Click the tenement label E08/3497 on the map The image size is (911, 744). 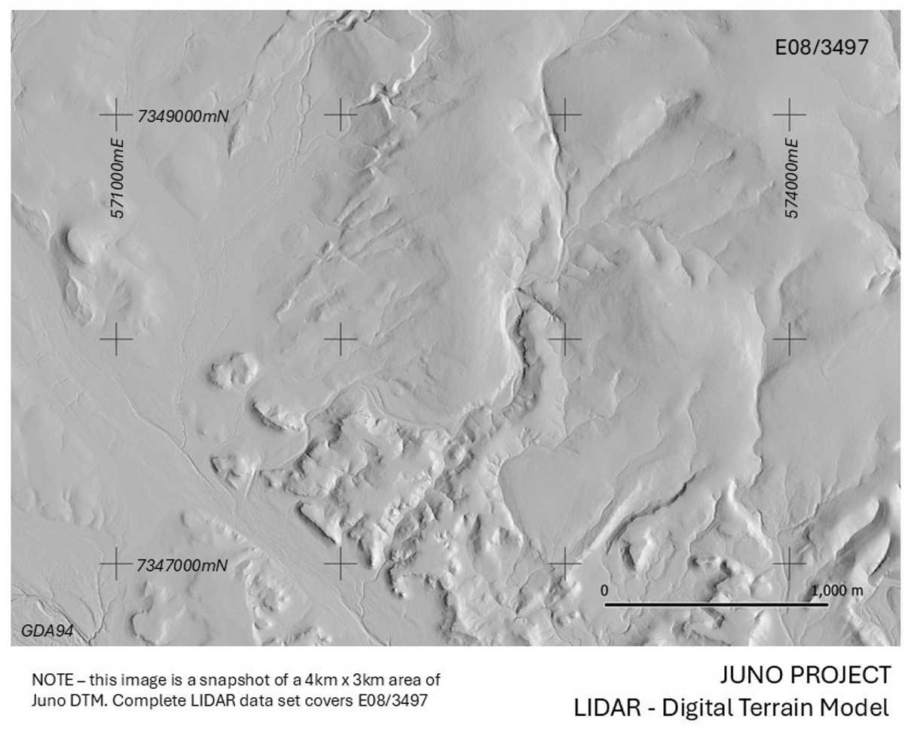coord(821,47)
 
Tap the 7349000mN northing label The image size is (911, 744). coord(182,116)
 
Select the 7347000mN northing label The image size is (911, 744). coord(182,565)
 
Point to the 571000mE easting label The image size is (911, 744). coord(118,178)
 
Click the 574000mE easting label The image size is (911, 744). coord(792,178)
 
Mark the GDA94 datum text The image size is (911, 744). coord(47,631)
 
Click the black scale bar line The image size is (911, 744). coord(716,604)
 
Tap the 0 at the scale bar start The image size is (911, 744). coord(604,590)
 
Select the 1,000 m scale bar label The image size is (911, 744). coord(837,590)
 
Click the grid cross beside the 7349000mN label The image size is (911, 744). coord(116,115)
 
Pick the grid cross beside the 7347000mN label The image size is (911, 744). coord(116,564)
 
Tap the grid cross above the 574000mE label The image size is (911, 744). coord(789,115)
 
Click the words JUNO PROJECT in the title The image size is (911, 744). coord(806,675)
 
